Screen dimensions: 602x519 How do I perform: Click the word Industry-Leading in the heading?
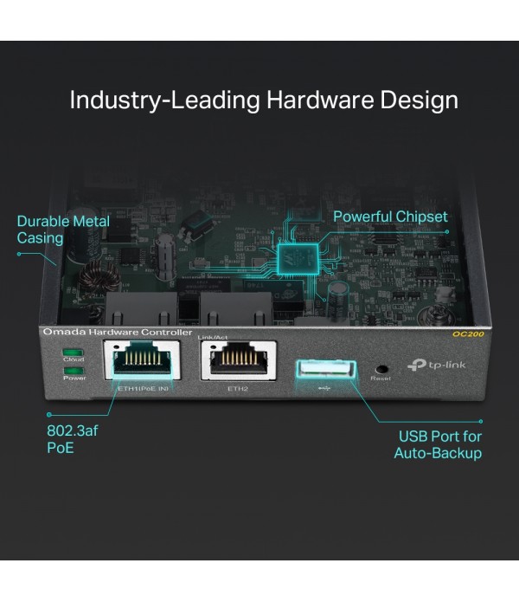[164, 100]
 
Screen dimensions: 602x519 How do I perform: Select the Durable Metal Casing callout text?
[63, 230]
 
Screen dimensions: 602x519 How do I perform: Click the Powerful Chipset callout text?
[390, 216]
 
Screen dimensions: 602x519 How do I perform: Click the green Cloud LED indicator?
[72, 353]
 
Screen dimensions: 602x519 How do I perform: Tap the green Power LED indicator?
[72, 371]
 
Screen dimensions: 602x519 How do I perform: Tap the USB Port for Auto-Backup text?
[438, 444]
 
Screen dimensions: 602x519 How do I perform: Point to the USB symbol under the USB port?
[324, 389]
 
